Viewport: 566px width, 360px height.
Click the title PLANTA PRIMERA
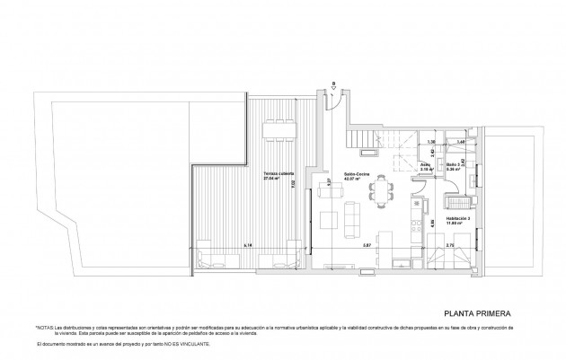(478, 314)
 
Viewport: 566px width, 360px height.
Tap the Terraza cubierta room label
(277, 176)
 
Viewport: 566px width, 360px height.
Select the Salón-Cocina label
(333, 176)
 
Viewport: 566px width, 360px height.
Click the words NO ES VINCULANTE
(187, 345)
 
